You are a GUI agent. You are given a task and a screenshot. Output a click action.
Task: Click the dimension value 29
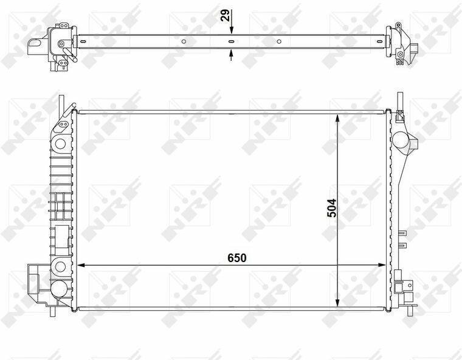(225, 16)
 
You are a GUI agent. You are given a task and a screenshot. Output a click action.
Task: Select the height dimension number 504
(331, 208)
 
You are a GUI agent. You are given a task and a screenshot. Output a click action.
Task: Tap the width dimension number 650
(237, 258)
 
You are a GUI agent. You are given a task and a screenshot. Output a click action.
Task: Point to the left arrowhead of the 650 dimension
(81, 265)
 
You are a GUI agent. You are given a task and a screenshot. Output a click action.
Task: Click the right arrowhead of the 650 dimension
(382, 265)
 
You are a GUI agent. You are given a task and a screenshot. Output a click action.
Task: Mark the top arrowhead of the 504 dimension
(337, 118)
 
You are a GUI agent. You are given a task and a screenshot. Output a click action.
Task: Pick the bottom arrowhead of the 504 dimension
(337, 302)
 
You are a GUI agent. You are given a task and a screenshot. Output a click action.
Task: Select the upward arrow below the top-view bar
(231, 55)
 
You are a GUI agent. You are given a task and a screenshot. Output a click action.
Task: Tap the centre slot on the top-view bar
(231, 41)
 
